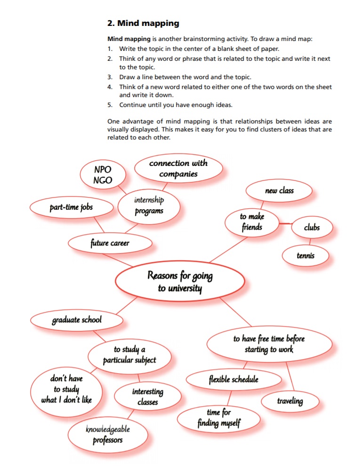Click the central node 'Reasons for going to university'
[x=180, y=281]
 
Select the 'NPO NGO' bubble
[x=103, y=174]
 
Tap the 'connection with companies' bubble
[x=178, y=169]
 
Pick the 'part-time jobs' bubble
[x=72, y=207]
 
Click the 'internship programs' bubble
[x=148, y=206]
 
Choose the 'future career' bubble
[x=110, y=243]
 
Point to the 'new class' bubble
[x=279, y=191]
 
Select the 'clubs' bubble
[x=312, y=228]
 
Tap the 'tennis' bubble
[x=306, y=256]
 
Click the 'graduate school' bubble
[x=77, y=320]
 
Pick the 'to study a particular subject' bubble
[x=129, y=355]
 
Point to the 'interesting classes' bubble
[x=147, y=396]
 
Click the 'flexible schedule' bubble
[x=234, y=379]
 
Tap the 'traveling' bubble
[x=290, y=401]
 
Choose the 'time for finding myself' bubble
[x=219, y=418]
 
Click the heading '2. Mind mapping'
[x=143, y=23]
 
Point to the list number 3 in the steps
[x=109, y=77]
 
